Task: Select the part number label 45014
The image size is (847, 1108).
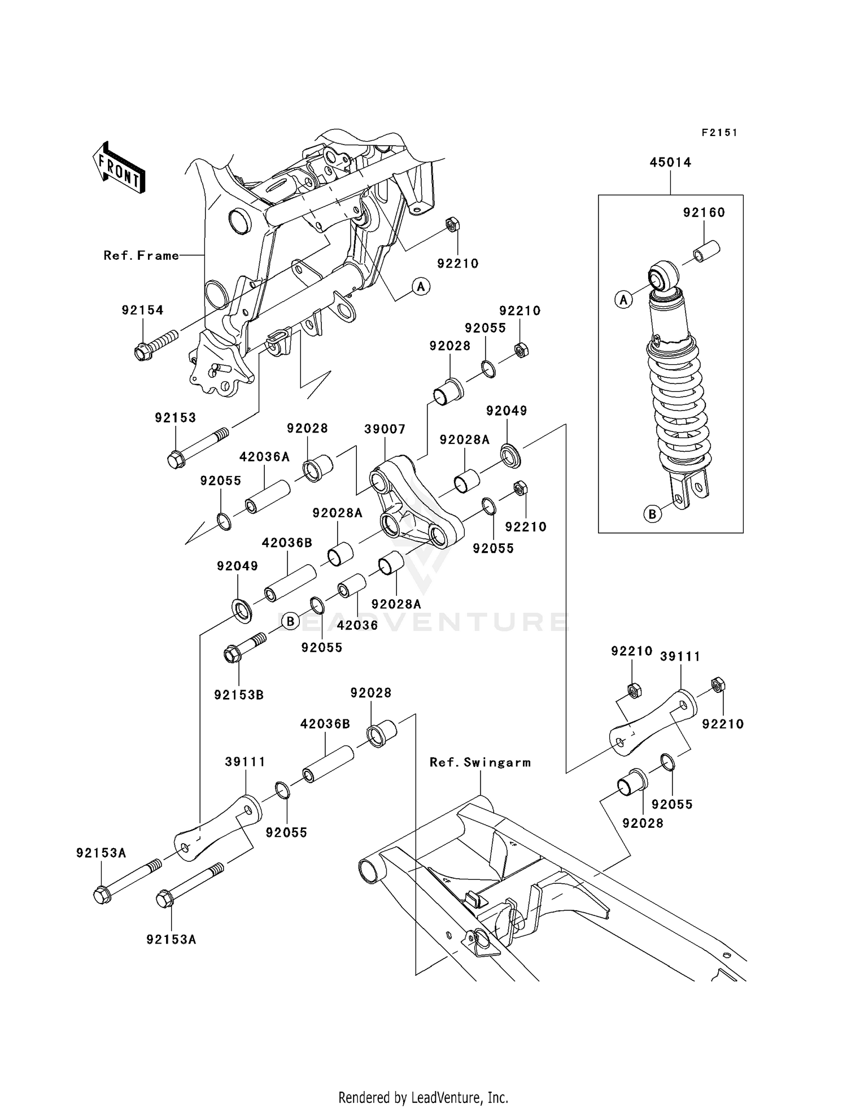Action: pos(670,163)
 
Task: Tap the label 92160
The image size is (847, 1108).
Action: pos(704,213)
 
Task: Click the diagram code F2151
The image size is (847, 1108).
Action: pos(719,133)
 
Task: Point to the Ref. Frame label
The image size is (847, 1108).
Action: pos(141,256)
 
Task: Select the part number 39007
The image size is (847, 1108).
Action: pos(385,429)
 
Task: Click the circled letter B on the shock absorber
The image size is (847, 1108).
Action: pos(652,514)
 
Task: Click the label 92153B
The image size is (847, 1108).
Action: pos(239,695)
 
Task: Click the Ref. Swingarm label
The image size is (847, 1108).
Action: pos(480,762)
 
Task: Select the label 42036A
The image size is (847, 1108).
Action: pos(264,457)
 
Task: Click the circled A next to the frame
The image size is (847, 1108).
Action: pos(420,287)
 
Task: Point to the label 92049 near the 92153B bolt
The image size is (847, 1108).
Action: pos(237,566)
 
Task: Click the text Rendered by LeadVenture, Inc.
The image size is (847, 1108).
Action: pos(423,1097)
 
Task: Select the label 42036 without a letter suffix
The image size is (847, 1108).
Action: pos(357,625)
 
